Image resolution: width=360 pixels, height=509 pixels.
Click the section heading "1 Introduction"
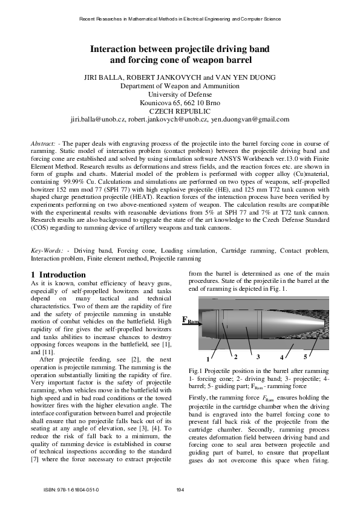coord(58,275)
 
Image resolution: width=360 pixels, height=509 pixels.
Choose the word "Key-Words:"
coord(47,250)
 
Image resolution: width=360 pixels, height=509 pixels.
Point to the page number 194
coord(180,490)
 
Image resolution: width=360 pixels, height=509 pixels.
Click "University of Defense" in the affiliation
coord(180,95)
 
